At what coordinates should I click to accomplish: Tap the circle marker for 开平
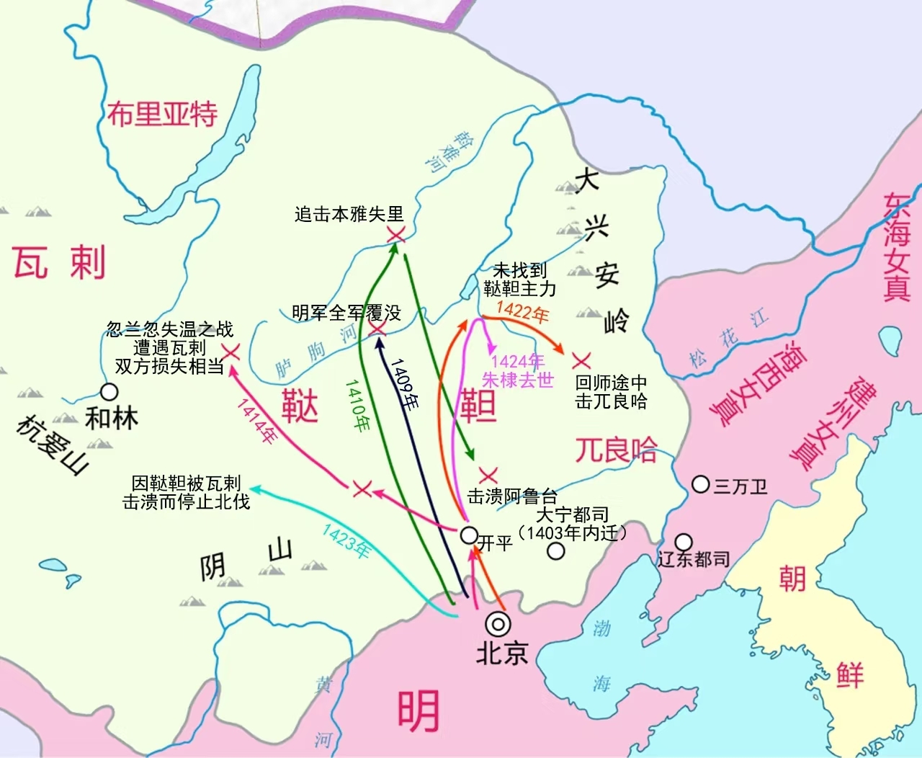(x=468, y=535)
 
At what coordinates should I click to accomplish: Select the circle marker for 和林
(x=109, y=392)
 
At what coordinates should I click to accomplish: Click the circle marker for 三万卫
(x=700, y=484)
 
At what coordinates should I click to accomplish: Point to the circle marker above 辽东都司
(x=683, y=542)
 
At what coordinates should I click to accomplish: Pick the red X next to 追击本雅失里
(x=395, y=234)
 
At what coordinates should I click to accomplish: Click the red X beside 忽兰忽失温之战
(x=231, y=352)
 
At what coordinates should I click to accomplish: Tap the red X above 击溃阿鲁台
(x=488, y=476)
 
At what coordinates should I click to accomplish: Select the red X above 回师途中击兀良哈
(x=581, y=361)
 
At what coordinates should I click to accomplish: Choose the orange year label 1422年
(x=522, y=312)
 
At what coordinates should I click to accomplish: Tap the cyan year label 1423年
(x=346, y=541)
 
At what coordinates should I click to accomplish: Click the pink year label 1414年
(x=257, y=421)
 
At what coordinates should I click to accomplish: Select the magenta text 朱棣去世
(x=517, y=380)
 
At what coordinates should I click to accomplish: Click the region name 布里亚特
(x=162, y=114)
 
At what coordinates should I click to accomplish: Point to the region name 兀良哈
(x=615, y=450)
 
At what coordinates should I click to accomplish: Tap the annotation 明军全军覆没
(x=346, y=313)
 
